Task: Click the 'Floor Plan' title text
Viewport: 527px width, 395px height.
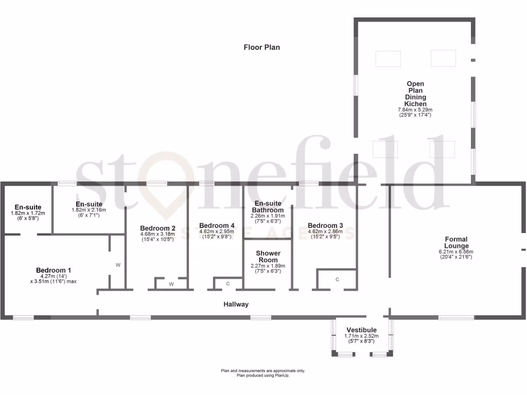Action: coord(261,47)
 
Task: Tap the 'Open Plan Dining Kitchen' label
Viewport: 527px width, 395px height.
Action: coord(415,94)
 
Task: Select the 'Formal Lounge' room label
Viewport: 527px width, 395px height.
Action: coord(456,242)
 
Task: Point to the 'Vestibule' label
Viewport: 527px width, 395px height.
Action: coord(361,330)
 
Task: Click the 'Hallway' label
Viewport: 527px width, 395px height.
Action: coord(236,304)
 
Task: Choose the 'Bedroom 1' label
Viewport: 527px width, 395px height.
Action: coord(54,270)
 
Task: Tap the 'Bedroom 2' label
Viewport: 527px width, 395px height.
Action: coord(157,228)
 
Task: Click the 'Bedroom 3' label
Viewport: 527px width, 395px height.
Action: coord(325,225)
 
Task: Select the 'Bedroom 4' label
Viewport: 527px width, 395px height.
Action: coord(217,225)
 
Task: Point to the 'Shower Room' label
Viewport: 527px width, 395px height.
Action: coord(268,256)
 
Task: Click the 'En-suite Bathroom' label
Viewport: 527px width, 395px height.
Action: coord(268,207)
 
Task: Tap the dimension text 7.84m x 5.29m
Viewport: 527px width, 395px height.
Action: coord(415,110)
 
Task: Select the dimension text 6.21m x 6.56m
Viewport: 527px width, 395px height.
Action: coord(456,252)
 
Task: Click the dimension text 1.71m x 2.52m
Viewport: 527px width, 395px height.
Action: coord(361,336)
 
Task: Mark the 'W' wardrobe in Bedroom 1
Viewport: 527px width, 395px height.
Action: coord(118,265)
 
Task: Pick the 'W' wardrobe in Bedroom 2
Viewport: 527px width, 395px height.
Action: coord(171,283)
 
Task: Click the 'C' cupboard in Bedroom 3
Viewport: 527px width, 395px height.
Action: coord(337,279)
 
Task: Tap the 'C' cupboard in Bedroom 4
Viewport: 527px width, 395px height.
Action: coord(227,283)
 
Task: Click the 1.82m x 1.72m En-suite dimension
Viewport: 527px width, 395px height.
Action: coord(28,213)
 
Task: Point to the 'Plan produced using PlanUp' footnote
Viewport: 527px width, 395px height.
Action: coord(263,375)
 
